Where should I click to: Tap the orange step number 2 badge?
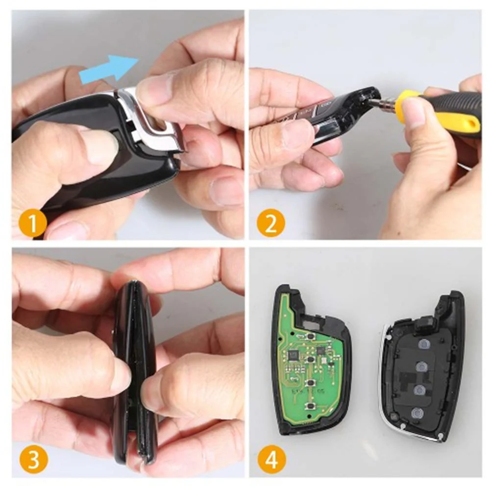(271, 223)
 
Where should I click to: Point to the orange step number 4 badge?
(271, 460)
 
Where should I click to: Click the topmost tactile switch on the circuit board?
(310, 337)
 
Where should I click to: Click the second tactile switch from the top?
(310, 359)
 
